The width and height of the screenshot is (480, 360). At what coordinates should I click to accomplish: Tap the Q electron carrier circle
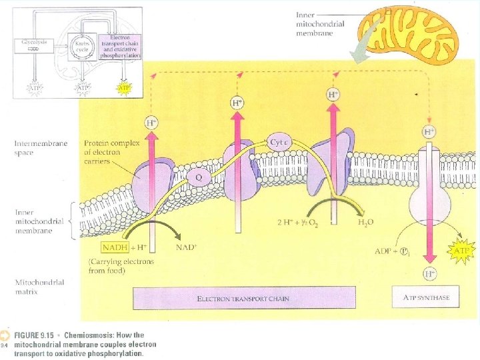click(198, 177)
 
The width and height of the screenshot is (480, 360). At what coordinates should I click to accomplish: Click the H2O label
click(366, 221)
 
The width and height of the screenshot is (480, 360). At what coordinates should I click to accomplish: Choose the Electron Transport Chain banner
click(243, 298)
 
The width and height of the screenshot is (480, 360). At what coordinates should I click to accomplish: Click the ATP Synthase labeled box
click(426, 298)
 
